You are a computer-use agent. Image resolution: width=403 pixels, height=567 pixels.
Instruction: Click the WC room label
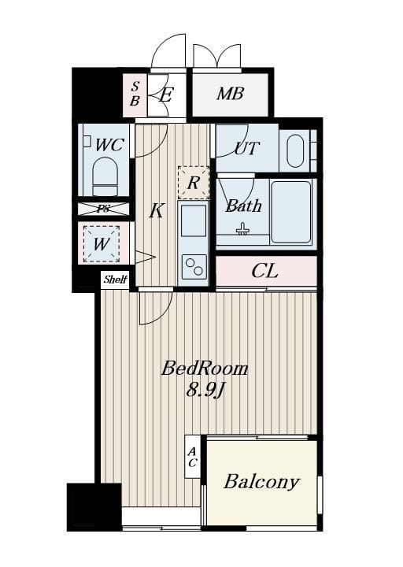109,145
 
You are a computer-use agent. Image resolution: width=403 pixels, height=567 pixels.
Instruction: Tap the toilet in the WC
105,176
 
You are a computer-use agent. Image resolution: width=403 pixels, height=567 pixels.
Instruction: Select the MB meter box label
231,94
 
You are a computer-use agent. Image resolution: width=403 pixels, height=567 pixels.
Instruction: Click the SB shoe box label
135,94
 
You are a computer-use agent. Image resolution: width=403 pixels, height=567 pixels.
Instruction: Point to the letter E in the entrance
165,96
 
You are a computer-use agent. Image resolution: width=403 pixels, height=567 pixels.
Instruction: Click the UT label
247,148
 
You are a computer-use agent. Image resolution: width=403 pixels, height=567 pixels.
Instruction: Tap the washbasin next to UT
295,151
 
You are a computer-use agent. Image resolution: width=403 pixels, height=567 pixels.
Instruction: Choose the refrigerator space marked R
194,183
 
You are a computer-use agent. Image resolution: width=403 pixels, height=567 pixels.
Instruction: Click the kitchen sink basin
194,220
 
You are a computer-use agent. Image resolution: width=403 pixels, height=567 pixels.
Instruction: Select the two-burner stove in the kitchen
194,266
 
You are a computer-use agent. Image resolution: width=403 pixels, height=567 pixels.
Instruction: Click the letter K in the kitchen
157,210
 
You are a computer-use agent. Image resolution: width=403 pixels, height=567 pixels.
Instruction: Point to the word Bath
243,206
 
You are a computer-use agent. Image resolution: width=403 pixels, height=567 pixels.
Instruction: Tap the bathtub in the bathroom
291,212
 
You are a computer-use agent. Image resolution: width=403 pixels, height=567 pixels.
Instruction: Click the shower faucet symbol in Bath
242,229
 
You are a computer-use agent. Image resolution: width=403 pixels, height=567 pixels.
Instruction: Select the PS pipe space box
104,209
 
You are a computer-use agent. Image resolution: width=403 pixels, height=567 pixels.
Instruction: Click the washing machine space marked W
102,244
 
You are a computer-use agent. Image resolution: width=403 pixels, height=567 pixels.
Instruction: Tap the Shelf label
115,280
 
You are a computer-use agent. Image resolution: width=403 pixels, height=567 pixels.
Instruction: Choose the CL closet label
265,271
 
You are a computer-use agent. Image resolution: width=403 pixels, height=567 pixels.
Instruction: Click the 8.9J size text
205,390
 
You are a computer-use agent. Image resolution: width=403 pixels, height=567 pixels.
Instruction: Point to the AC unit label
192,458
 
